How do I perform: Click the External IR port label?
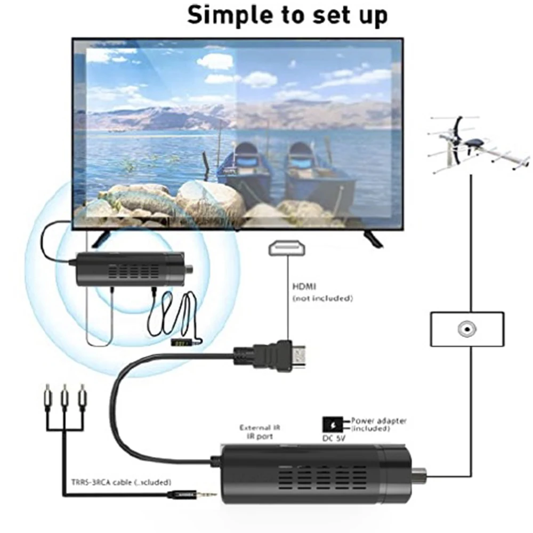(x=260, y=432)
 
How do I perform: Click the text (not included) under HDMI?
(x=322, y=298)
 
